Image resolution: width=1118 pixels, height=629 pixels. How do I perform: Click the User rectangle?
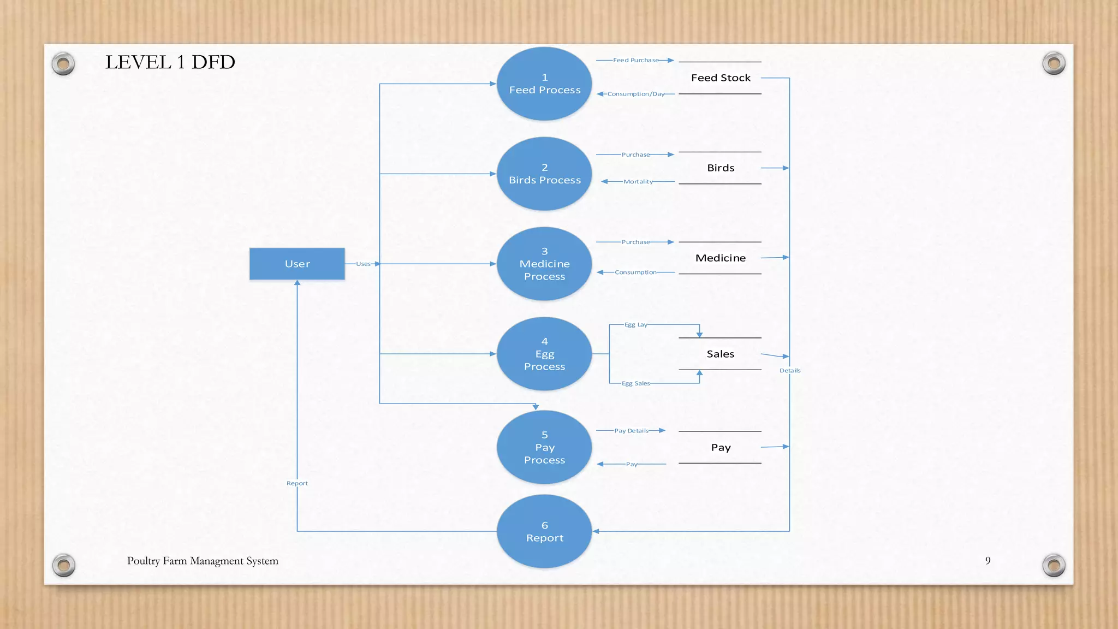coord(297,264)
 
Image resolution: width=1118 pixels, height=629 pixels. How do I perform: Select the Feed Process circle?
coord(544,84)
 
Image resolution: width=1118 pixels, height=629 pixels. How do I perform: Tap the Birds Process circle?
coord(544,174)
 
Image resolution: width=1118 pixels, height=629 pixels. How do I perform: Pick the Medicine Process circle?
coord(544,264)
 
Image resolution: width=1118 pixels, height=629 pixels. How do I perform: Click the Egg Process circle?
coord(544,354)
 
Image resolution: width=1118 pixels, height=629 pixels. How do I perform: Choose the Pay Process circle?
coord(544,447)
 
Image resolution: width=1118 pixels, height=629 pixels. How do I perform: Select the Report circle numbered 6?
coord(544,531)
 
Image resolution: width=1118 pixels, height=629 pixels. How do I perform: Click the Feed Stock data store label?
coord(721,78)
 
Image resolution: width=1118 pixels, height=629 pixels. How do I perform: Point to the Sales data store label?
coord(721,354)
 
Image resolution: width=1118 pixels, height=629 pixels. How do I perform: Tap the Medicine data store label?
coord(721,258)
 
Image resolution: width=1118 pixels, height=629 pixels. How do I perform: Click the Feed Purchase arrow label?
coord(635,60)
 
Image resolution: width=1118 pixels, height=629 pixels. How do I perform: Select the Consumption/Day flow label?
coord(636,94)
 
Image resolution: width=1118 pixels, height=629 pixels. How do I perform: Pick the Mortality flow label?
coord(638,181)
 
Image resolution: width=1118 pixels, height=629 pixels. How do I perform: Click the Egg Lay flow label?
coord(636,324)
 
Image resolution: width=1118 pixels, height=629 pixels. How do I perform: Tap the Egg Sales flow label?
coord(636,383)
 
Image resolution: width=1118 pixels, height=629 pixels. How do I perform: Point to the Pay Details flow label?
coord(631,431)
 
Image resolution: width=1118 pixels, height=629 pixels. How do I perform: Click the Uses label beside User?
coord(363,264)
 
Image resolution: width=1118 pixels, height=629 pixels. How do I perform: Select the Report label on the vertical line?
coord(297,483)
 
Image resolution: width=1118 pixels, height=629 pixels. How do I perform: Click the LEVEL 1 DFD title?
coord(170,62)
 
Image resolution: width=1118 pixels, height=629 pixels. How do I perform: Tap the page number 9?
coord(988,561)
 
